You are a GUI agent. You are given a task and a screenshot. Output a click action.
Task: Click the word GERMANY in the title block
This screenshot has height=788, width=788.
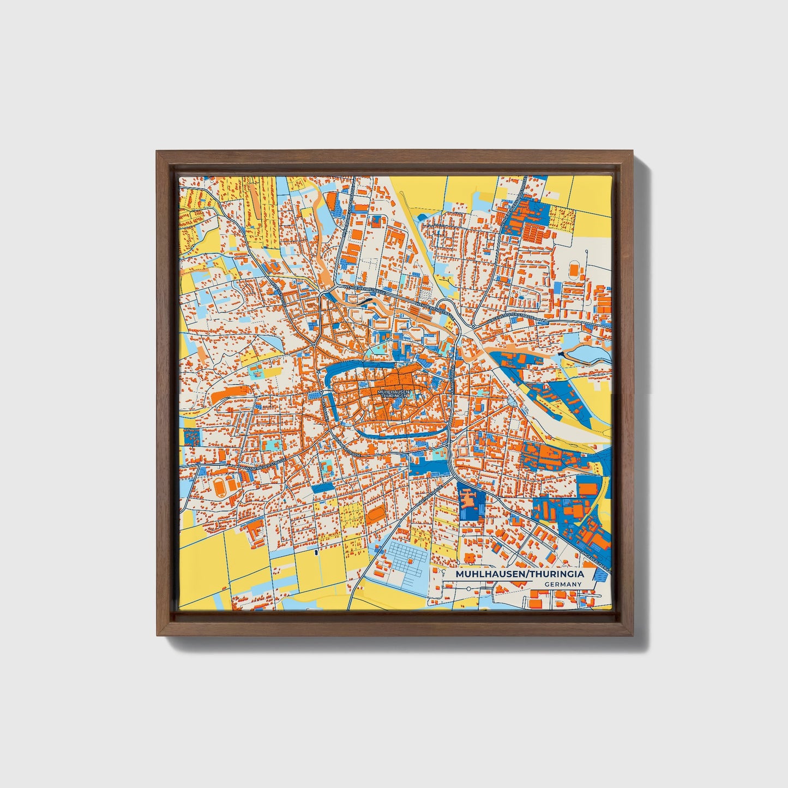pos(563,584)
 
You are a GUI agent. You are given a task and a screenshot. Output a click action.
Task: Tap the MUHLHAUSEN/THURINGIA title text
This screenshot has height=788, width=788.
pos(520,574)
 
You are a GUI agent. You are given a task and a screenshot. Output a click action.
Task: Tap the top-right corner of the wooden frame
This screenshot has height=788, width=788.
pos(634,152)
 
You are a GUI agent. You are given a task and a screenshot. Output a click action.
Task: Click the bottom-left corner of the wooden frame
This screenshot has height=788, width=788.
pos(157,635)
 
